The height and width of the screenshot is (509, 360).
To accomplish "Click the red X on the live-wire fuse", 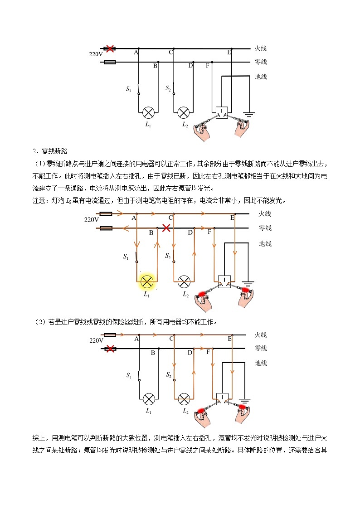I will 109,48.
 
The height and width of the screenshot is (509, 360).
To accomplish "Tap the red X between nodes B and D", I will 167,228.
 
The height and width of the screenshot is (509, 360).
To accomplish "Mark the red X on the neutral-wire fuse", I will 109,349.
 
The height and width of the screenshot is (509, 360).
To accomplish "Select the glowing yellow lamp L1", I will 147,281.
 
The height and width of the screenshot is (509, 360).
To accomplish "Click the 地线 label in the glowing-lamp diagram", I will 265,244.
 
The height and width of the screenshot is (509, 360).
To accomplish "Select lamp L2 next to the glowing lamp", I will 184,281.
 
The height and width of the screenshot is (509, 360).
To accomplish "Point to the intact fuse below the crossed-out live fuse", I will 109,62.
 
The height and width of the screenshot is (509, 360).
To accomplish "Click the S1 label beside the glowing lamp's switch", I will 127,257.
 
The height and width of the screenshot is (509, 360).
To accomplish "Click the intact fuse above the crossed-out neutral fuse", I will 109,335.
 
